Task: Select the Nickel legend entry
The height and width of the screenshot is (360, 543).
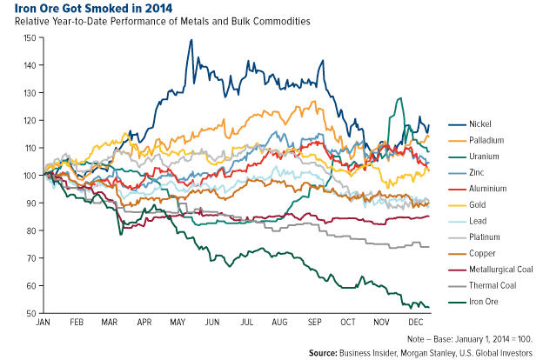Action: click(480, 125)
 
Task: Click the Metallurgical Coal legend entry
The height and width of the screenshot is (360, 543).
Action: click(500, 270)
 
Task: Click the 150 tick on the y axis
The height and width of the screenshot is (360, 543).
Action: click(31, 38)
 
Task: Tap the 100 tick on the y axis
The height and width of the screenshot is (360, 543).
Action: click(31, 176)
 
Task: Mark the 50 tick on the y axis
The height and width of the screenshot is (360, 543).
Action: click(33, 313)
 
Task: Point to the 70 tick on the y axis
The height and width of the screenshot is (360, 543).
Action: click(33, 258)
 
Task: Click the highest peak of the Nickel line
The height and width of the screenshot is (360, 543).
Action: click(190, 40)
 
